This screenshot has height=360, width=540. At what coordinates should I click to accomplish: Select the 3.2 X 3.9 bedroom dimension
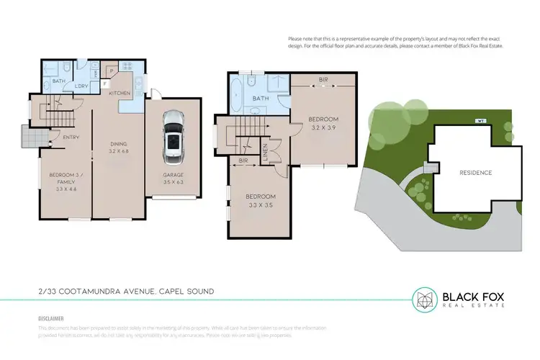323,127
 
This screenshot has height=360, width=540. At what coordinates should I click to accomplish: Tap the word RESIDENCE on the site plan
475,173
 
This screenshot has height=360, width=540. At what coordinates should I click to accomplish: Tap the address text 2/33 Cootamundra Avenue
126,292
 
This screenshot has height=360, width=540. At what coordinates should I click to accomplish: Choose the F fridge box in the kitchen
105,83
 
